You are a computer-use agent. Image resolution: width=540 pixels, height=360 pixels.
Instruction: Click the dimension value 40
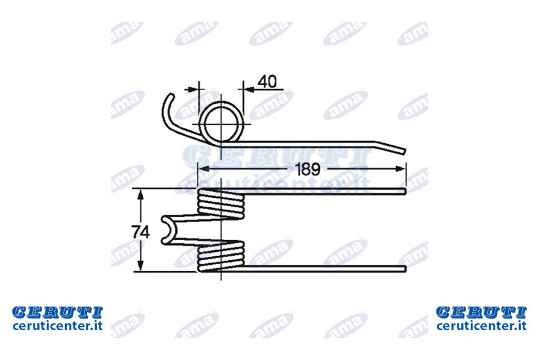(x=268, y=82)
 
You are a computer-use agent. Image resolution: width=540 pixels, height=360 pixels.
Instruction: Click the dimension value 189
(x=307, y=169)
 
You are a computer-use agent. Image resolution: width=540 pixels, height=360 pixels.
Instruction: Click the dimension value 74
(x=140, y=232)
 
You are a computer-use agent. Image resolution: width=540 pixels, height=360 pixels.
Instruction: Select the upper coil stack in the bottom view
(x=221, y=204)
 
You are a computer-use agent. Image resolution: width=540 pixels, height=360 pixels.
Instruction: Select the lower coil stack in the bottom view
(x=221, y=256)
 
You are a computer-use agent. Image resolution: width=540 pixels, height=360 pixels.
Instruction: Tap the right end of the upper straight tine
(x=405, y=191)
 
